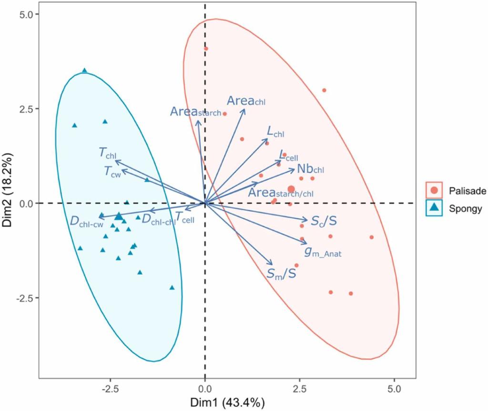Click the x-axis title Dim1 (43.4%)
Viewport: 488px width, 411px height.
[x=227, y=402]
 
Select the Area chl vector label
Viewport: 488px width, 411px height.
[x=246, y=101]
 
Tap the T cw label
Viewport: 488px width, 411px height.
[x=113, y=171]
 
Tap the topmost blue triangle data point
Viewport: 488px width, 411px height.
[x=84, y=71]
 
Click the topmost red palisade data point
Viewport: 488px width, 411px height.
[x=206, y=48]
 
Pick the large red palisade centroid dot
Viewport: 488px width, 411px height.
[x=291, y=189]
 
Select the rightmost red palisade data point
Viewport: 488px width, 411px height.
[x=371, y=237]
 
